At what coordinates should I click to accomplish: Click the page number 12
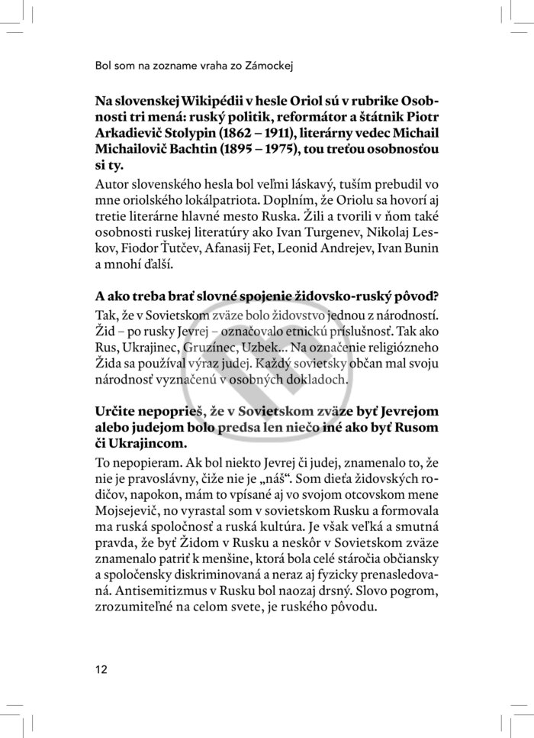101,669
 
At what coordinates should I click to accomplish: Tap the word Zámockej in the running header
269,66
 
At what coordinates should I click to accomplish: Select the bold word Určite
117,413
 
